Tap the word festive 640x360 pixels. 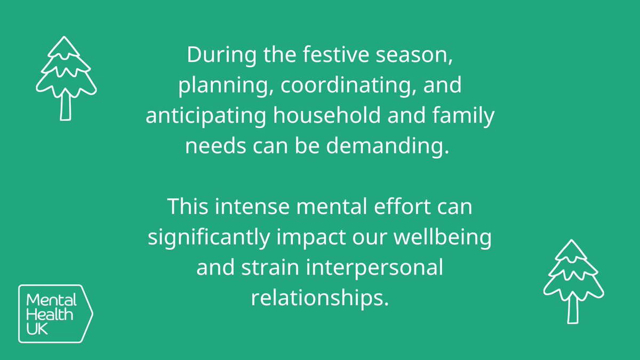(x=314, y=56)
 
